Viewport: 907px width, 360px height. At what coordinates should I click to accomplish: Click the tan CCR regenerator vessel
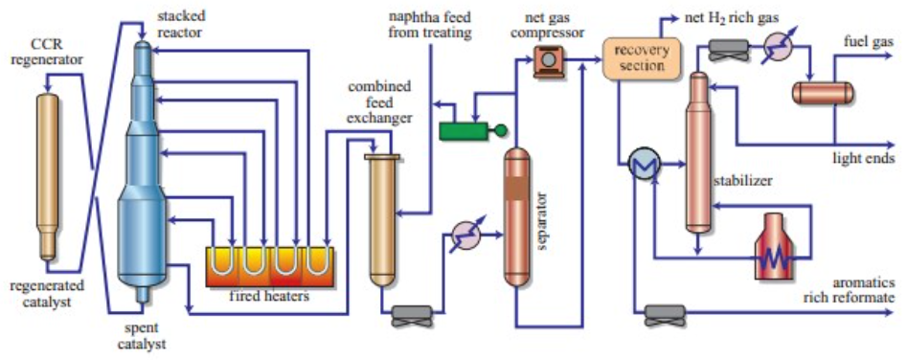pyautogui.click(x=48, y=172)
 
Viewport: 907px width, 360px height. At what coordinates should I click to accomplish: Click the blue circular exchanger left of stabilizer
pyautogui.click(x=639, y=166)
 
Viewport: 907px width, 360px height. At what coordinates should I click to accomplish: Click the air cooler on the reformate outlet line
pyautogui.click(x=665, y=312)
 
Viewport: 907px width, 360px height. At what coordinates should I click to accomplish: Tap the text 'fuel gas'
pyautogui.click(x=868, y=42)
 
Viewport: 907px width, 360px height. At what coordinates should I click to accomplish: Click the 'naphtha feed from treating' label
pyautogui.click(x=429, y=26)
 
